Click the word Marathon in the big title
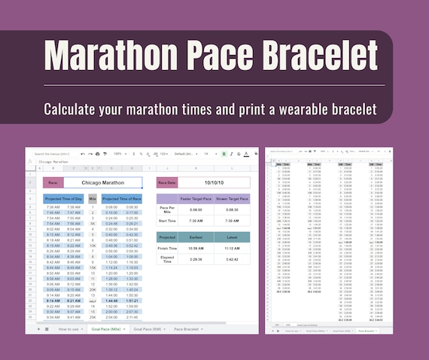(112, 57)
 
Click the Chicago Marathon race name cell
(102, 182)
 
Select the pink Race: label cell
(52, 182)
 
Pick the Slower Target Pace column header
(233, 199)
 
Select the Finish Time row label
(167, 247)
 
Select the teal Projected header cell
(167, 236)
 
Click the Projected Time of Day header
(63, 199)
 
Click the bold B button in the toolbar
(224, 154)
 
